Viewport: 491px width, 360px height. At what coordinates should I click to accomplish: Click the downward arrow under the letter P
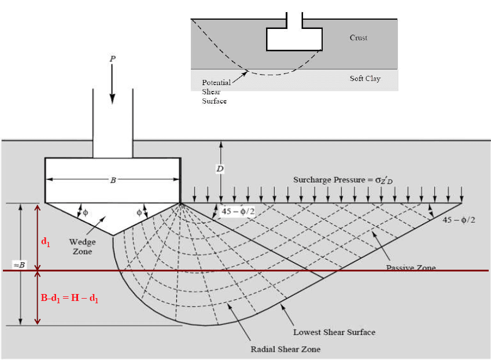click(112, 87)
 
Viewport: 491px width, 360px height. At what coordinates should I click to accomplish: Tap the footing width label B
click(112, 180)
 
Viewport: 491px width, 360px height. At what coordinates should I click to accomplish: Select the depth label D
click(220, 169)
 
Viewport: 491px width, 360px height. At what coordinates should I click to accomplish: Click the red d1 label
click(46, 242)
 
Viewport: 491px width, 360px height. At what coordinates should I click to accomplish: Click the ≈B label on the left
click(20, 265)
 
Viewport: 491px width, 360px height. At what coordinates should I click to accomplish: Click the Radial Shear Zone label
click(285, 349)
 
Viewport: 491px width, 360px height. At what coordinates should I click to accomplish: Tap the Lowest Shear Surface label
click(334, 332)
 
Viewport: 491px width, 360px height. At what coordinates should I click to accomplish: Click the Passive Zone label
click(411, 267)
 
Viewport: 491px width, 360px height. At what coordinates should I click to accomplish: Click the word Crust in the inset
click(359, 38)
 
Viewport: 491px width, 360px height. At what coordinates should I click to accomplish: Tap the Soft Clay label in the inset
click(365, 79)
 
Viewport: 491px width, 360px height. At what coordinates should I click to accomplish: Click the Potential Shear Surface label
click(216, 91)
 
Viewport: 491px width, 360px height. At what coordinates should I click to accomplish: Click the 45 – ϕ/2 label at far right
click(459, 220)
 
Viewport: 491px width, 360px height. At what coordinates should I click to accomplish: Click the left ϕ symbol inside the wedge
click(86, 212)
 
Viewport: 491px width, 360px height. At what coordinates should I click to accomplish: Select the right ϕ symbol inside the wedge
click(139, 212)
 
